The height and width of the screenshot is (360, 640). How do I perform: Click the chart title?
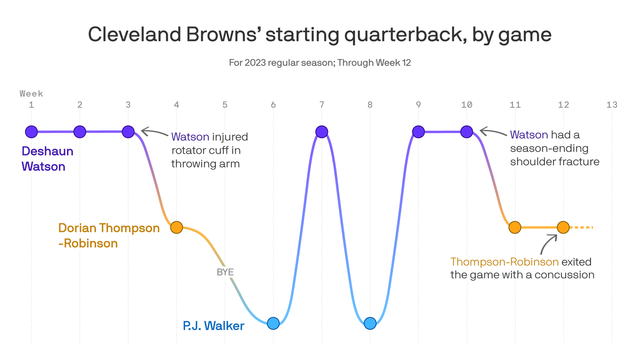tap(320, 35)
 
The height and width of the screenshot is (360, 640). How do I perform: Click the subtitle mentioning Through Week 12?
tap(320, 62)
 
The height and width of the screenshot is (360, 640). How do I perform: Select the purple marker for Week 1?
tap(31, 132)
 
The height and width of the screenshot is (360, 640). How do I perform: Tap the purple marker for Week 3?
tap(128, 132)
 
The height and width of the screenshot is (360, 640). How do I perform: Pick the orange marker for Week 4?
tap(177, 227)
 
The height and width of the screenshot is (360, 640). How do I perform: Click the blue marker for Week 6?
tap(273, 323)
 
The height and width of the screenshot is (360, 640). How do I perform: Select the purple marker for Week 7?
tap(321, 132)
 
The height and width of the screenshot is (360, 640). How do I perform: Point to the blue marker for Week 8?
tap(370, 323)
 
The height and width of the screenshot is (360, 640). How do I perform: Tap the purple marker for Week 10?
tap(467, 132)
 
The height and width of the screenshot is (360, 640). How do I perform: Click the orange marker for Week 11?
tap(515, 227)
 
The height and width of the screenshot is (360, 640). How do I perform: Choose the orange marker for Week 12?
tap(563, 227)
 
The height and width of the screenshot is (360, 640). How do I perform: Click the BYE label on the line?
tap(225, 272)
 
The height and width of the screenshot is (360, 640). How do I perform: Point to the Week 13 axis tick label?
tap(611, 105)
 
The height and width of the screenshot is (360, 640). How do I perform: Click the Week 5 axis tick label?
tap(225, 105)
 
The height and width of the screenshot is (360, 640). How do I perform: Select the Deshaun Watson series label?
tap(47, 158)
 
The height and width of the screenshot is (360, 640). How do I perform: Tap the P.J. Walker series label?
tap(213, 325)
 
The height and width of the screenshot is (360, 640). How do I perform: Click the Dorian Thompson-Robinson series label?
tap(109, 235)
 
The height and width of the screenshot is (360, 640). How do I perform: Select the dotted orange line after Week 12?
tap(581, 227)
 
